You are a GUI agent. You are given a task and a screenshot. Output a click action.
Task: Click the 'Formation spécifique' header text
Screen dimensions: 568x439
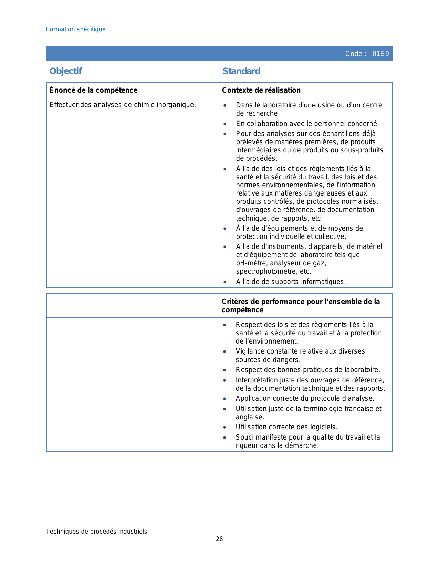[76, 29]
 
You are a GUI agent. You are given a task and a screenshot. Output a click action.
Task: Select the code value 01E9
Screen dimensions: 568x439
[380, 54]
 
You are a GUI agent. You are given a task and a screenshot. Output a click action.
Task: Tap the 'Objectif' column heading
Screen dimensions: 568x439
[65, 71]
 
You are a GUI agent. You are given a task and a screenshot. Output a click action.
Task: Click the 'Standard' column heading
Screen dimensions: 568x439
[241, 71]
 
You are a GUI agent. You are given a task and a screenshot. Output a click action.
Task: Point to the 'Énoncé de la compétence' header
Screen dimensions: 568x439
[93, 90]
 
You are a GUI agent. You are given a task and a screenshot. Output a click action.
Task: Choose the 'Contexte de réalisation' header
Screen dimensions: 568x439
[261, 90]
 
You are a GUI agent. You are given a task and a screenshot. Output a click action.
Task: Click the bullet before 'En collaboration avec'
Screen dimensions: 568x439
[225, 124]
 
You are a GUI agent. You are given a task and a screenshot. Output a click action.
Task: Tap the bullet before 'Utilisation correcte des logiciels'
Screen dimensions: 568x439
[225, 428]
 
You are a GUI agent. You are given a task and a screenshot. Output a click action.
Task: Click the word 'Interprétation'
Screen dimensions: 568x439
[257, 380]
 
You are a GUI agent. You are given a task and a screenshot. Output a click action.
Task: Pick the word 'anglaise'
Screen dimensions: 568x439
[249, 417]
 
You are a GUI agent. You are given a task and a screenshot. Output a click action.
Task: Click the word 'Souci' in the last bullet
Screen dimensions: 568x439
[244, 438]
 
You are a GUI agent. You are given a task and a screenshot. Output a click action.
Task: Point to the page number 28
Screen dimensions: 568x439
[219, 539]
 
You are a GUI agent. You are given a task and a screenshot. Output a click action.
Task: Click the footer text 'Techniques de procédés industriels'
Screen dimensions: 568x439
[96, 532]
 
